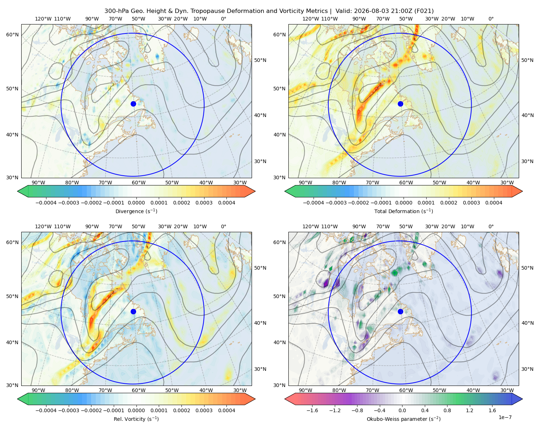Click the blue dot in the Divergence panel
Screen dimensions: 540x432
133,104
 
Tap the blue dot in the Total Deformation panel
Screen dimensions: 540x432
400,104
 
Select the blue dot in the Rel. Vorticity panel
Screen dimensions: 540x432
133,311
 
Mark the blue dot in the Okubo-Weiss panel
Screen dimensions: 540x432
400,311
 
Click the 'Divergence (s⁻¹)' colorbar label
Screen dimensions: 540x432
136,211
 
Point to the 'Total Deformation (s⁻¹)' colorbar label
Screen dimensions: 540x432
404,211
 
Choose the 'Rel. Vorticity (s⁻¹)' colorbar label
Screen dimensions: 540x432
136,419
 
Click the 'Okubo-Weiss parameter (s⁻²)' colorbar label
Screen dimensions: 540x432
404,419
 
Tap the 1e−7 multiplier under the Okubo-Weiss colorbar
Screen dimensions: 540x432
505,418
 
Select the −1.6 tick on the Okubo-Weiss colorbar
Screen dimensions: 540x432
312,410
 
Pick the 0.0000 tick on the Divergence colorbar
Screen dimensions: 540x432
136,203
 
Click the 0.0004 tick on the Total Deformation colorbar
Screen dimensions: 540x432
494,203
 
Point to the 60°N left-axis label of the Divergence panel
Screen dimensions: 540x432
12,35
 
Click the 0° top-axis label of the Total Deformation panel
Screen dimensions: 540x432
491,19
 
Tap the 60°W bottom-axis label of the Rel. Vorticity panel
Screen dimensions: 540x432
139,390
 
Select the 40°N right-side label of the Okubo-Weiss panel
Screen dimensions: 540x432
527,323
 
